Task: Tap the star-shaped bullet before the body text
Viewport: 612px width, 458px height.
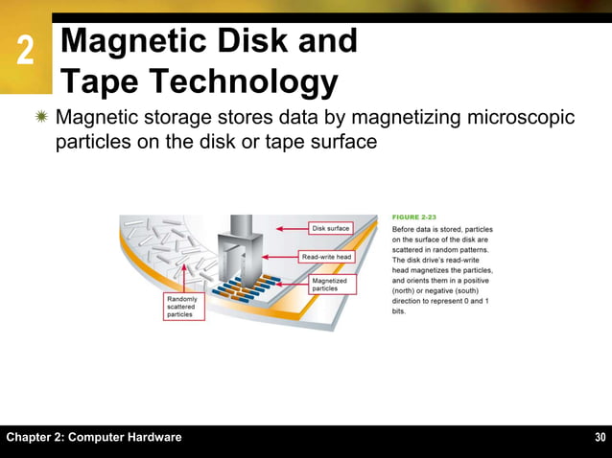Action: coord(42,119)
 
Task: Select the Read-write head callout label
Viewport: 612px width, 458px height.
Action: coord(327,257)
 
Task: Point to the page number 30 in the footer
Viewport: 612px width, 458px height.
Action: coord(600,438)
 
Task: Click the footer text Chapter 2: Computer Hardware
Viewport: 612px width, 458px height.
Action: coord(94,438)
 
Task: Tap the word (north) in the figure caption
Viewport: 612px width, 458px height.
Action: coord(408,290)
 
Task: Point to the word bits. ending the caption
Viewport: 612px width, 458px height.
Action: coord(400,311)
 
